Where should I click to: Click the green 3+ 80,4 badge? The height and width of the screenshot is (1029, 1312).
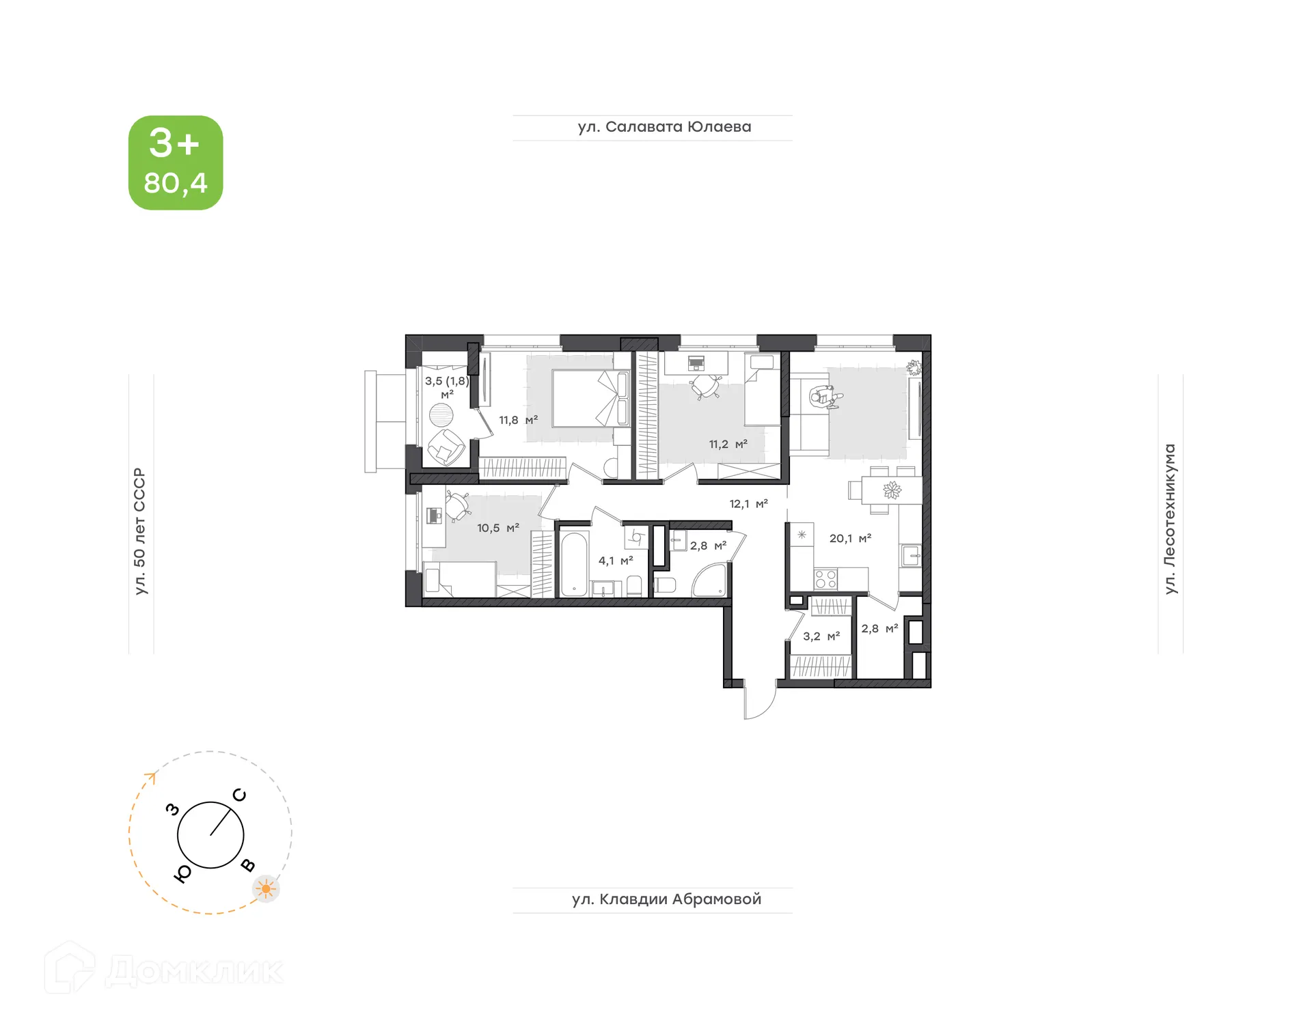point(176,163)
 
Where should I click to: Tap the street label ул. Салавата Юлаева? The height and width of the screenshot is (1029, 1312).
point(664,127)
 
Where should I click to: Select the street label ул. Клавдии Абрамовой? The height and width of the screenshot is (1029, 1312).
point(666,899)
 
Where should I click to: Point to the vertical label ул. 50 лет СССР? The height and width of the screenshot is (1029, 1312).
point(140,531)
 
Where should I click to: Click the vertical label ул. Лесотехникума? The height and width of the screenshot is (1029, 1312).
point(1170,519)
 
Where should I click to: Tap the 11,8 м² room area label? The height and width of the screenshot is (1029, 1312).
point(518,421)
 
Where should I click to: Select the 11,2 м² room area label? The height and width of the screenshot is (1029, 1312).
point(728,445)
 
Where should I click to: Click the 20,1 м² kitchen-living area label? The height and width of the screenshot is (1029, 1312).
point(850,539)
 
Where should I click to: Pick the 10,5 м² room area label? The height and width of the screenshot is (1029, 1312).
point(497,528)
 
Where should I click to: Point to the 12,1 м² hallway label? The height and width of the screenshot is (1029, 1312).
point(748,504)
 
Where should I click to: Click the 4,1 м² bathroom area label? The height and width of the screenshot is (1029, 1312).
point(616,561)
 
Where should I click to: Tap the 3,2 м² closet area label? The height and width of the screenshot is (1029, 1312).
point(821,636)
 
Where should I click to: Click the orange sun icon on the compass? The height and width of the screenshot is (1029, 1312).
point(266,889)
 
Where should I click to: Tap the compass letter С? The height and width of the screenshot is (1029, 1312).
point(239,795)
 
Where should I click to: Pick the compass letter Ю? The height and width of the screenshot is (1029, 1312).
point(182,874)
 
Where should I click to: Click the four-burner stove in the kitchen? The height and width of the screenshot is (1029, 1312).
point(825,580)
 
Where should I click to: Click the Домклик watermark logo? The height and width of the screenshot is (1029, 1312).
point(164,970)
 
